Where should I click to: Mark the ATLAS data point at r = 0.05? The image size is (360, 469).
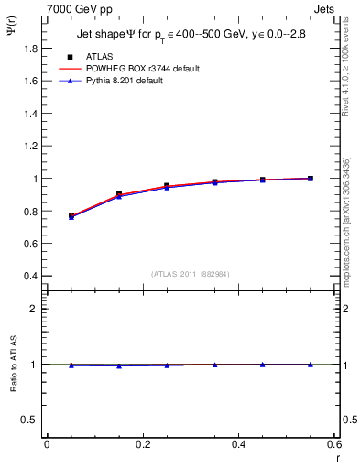coord(71,215)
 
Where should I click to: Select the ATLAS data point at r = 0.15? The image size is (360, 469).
coord(119,194)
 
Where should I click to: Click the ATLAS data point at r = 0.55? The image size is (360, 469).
coord(311,178)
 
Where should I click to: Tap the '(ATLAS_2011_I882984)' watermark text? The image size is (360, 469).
coord(191,274)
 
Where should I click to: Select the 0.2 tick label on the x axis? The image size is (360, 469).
coord(142,444)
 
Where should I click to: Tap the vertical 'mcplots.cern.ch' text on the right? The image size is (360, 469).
coord(348,229)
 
